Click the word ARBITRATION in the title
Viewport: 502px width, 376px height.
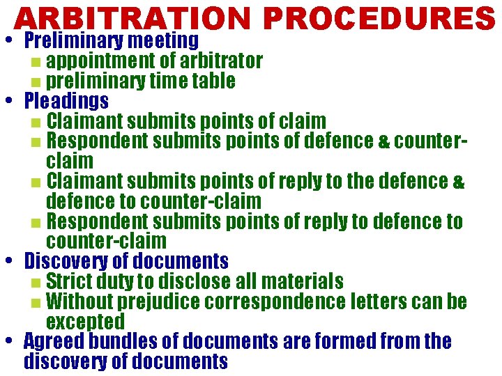(132, 19)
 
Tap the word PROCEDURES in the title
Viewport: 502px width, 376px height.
(379, 19)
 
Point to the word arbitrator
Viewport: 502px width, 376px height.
(222, 61)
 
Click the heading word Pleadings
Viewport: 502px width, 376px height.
(66, 102)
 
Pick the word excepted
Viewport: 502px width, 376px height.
(85, 322)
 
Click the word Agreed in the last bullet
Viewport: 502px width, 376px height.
(52, 343)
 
